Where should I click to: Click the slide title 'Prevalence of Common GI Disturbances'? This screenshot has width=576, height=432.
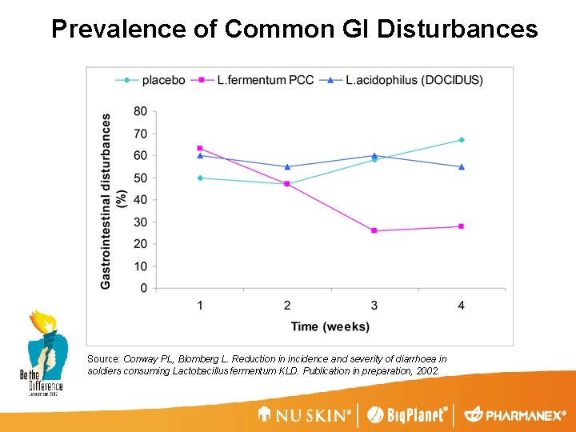point(294,29)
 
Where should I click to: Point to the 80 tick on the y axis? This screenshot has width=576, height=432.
point(140,111)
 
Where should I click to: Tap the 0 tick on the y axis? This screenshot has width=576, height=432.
point(143,288)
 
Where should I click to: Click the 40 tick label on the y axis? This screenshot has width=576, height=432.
point(140,200)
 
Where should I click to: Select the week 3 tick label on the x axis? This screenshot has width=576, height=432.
point(374,305)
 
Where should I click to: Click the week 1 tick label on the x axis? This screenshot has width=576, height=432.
point(200,305)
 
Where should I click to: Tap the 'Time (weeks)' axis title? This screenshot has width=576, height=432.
point(330,326)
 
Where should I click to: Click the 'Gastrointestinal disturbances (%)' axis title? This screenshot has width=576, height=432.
point(113,200)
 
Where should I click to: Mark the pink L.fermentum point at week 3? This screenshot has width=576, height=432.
point(374,230)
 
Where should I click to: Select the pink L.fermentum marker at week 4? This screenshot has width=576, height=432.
point(461,226)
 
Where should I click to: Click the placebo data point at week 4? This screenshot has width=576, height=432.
point(461,140)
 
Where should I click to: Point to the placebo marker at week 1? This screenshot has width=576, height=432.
point(200,178)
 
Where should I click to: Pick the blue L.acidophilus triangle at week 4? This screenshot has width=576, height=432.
point(461,166)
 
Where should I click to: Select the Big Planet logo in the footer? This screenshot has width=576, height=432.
point(406,414)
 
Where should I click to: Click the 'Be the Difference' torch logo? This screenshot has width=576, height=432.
point(42,352)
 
